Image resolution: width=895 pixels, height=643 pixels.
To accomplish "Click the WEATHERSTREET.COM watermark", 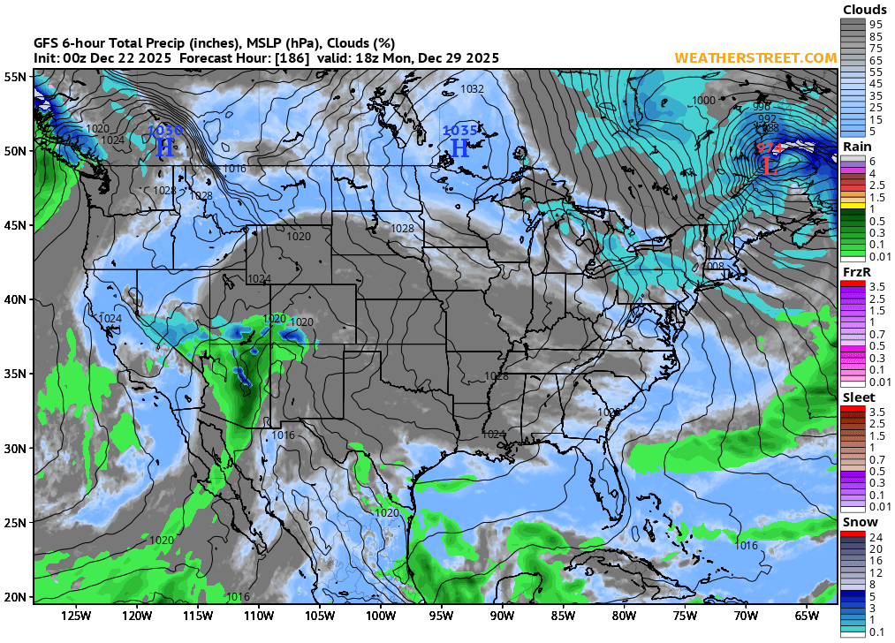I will point(755,58).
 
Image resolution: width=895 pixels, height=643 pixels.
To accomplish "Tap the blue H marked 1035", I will point(459,148).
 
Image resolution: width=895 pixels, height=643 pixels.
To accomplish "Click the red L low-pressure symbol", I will point(770,165).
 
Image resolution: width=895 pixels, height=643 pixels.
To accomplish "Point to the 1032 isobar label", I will point(473,89).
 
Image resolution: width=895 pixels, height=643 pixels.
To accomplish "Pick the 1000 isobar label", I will point(703,101).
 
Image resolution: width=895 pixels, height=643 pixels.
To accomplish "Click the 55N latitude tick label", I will point(16,77).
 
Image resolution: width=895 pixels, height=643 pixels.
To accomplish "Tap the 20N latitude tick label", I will point(16,596).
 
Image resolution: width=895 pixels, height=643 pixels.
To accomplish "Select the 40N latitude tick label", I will point(16,299).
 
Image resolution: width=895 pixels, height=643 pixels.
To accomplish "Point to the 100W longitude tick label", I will point(380,616).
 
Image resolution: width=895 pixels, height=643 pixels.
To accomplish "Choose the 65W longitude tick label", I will point(806,616).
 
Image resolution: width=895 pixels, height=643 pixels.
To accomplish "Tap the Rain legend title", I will point(857,146).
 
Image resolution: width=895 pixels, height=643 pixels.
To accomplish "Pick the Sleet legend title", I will point(859,397).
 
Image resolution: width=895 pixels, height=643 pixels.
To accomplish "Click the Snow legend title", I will point(859,523).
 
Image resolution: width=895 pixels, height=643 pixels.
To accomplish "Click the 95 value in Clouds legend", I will point(876,24).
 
